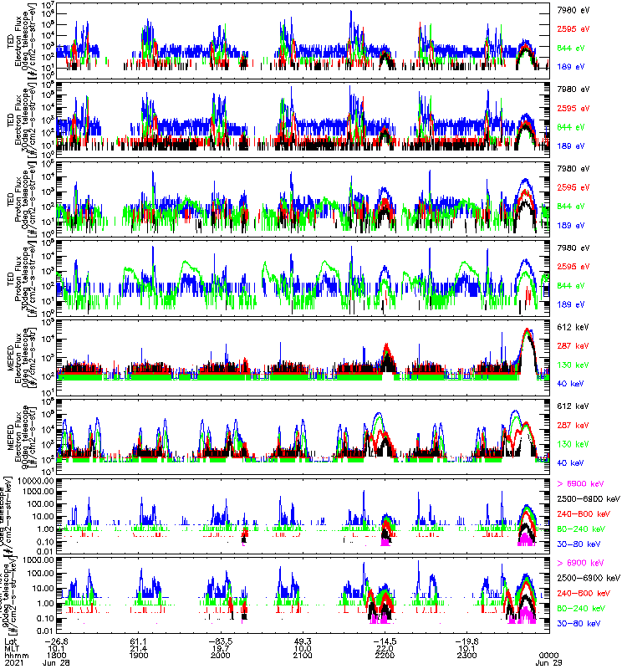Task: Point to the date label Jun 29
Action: coord(548,664)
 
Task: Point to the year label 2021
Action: coord(11,664)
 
